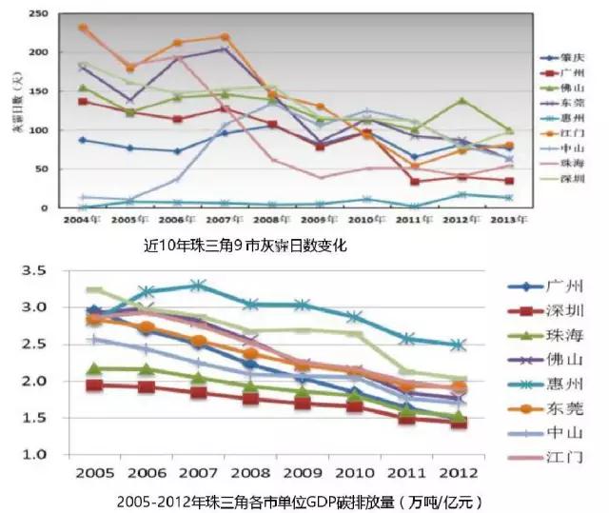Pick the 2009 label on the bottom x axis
300,474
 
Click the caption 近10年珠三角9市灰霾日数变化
245,246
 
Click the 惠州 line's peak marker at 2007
197,285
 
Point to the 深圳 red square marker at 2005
92,385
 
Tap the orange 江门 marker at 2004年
83,28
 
